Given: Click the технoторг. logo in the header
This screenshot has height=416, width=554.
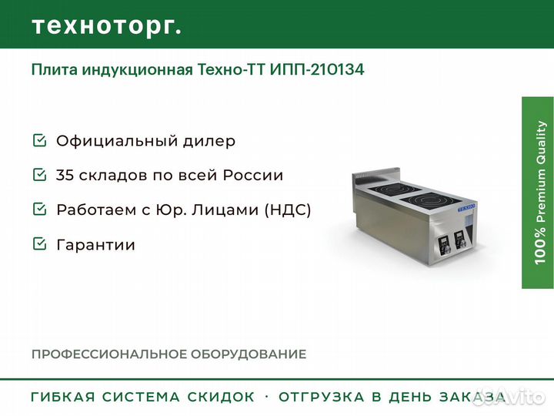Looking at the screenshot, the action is (x=107, y=26).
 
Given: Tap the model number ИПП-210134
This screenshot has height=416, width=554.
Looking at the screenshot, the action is (x=317, y=69).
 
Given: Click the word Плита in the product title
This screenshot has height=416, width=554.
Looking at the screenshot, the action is (x=55, y=69).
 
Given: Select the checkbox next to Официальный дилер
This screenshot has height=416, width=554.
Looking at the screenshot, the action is (x=39, y=140).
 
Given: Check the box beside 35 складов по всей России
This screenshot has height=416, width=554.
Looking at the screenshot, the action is (x=39, y=174).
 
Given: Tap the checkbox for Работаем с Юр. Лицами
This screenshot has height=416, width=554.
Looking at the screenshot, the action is (x=39, y=209).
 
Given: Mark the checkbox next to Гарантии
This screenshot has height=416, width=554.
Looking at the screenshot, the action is (x=39, y=243).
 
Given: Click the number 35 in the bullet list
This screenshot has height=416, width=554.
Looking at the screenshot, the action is (x=65, y=175).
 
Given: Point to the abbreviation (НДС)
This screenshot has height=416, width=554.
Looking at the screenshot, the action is (x=288, y=210).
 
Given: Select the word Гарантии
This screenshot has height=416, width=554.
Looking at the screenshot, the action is (x=95, y=245).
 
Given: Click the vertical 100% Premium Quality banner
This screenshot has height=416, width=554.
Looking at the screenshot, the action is (x=538, y=193).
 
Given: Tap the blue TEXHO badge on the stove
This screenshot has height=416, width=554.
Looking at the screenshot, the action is (x=467, y=208).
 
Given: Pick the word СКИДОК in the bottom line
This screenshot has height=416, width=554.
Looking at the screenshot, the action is (x=221, y=397).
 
